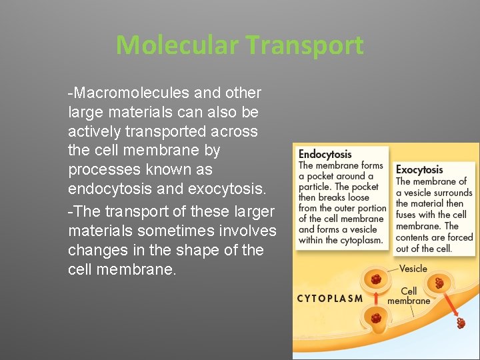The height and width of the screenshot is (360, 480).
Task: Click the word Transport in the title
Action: tap(305, 45)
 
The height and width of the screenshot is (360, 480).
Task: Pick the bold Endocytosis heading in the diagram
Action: tap(325, 154)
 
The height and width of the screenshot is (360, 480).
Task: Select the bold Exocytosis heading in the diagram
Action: tap(419, 169)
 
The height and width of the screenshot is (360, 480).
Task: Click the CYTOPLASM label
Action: tap(329, 299)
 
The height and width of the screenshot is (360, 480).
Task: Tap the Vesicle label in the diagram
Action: tap(413, 269)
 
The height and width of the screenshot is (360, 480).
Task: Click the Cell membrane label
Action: tap(409, 296)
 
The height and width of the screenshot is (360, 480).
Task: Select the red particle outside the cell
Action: tap(461, 323)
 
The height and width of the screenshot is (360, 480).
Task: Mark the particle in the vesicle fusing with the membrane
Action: tap(439, 283)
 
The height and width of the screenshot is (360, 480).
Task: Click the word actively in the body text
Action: tap(93, 131)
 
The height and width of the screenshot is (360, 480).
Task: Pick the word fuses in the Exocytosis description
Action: tap(407, 215)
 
